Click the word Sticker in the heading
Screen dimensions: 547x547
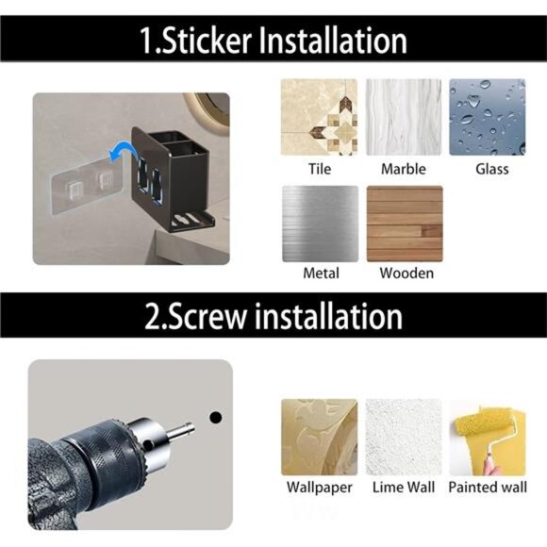[207, 41]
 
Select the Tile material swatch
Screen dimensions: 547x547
[319, 117]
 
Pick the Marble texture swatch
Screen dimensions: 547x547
[404, 117]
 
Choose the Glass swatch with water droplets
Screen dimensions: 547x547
[488, 117]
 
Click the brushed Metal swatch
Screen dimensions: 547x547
[321, 224]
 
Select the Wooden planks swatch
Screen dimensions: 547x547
[405, 224]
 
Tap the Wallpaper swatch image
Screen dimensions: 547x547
[319, 437]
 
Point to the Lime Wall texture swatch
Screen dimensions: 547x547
[404, 437]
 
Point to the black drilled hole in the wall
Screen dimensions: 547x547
[216, 417]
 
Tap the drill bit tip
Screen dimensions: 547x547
[191, 425]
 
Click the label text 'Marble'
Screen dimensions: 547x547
[404, 169]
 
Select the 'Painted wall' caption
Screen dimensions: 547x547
[488, 488]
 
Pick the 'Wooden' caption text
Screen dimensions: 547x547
[406, 273]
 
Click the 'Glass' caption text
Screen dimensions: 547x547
[492, 169]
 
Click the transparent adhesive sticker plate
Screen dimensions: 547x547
[87, 187]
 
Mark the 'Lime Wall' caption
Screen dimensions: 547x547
[404, 488]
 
